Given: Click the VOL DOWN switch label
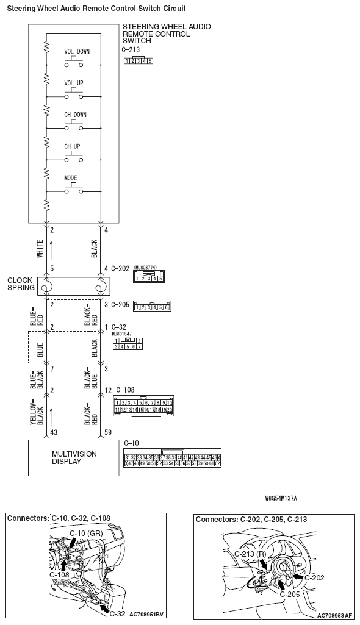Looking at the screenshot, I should point(76,51).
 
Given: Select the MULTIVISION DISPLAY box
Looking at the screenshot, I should point(73,457).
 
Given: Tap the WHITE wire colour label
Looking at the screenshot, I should point(40,249).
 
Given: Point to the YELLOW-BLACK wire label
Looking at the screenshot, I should point(40,414).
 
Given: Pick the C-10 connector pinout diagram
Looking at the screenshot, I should point(172,460).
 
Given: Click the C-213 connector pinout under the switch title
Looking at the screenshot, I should point(138,60).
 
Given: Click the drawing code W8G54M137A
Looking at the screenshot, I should point(281,498).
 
